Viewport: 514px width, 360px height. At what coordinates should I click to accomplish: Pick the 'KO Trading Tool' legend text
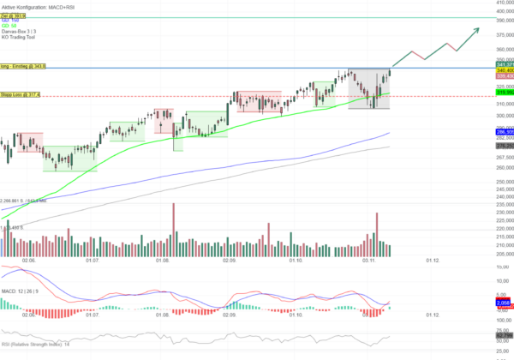tap(19, 37)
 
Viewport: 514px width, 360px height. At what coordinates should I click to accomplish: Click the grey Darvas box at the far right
tap(369, 88)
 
